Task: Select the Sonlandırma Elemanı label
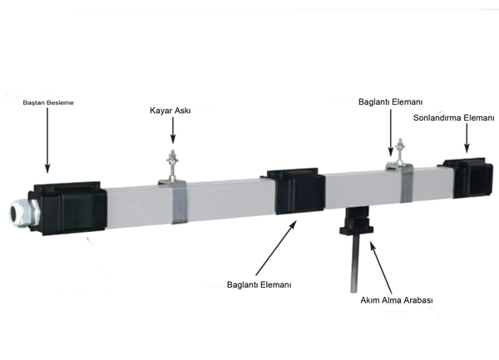(454, 118)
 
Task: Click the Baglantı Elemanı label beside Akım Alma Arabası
(259, 284)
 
